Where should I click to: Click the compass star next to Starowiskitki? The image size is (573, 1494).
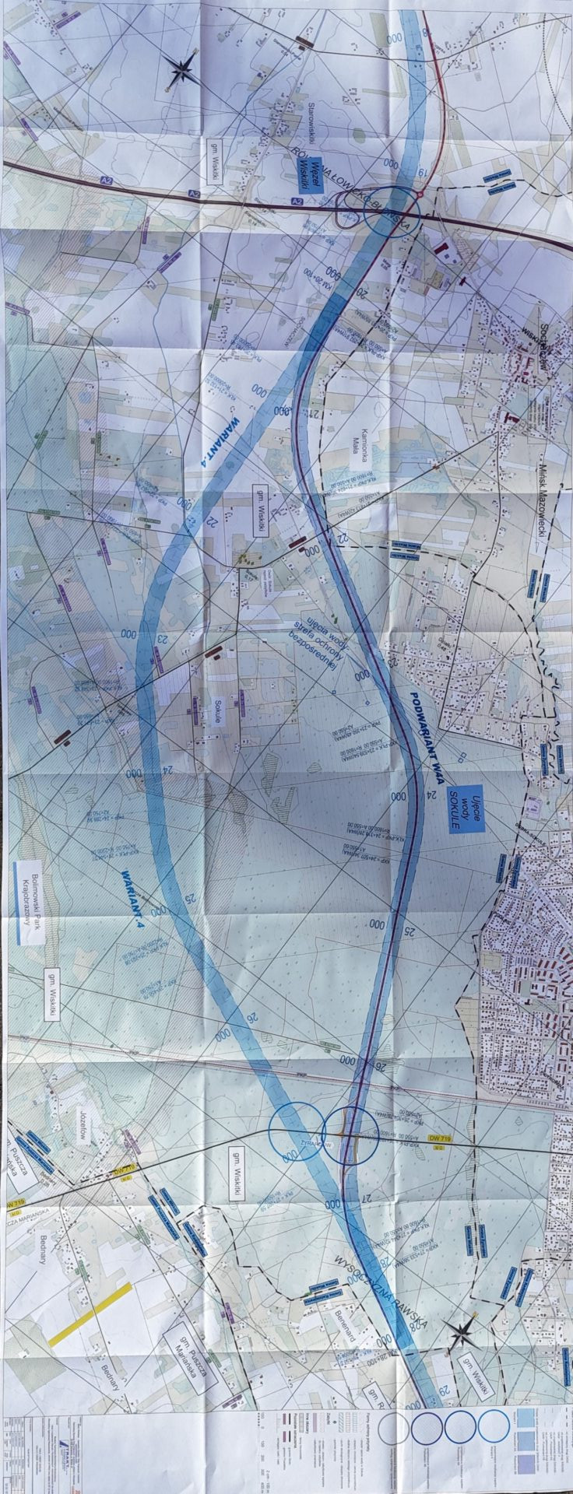(181, 71)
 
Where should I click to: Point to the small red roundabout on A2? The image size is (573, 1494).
(420, 195)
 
